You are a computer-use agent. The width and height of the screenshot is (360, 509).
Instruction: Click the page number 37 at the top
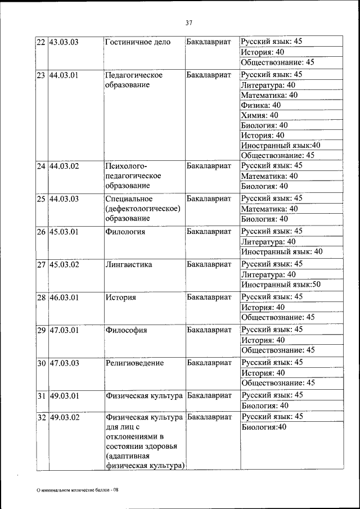(x=188, y=23)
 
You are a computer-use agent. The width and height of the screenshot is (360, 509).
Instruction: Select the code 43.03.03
(x=64, y=42)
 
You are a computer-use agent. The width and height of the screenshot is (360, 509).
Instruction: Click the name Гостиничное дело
(x=137, y=42)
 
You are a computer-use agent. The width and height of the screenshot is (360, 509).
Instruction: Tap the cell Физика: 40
(x=260, y=105)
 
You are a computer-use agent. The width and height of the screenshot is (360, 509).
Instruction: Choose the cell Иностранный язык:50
(x=281, y=285)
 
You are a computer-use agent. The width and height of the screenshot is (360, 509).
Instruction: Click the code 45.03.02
(x=64, y=264)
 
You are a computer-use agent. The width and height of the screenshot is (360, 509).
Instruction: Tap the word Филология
(x=125, y=231)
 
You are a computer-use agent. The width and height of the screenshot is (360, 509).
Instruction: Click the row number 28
(x=41, y=297)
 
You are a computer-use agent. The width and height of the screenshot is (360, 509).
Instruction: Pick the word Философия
(x=126, y=330)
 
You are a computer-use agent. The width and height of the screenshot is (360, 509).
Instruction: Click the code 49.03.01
(x=64, y=396)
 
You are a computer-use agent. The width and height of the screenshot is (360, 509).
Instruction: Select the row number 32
(x=41, y=417)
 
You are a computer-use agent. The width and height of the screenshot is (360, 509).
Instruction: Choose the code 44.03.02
(x=64, y=166)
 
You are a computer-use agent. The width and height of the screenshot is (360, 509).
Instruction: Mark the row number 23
(x=41, y=75)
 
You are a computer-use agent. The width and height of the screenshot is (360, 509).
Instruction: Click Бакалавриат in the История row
(x=209, y=297)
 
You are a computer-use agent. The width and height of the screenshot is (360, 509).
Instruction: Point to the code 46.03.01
(x=64, y=297)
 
